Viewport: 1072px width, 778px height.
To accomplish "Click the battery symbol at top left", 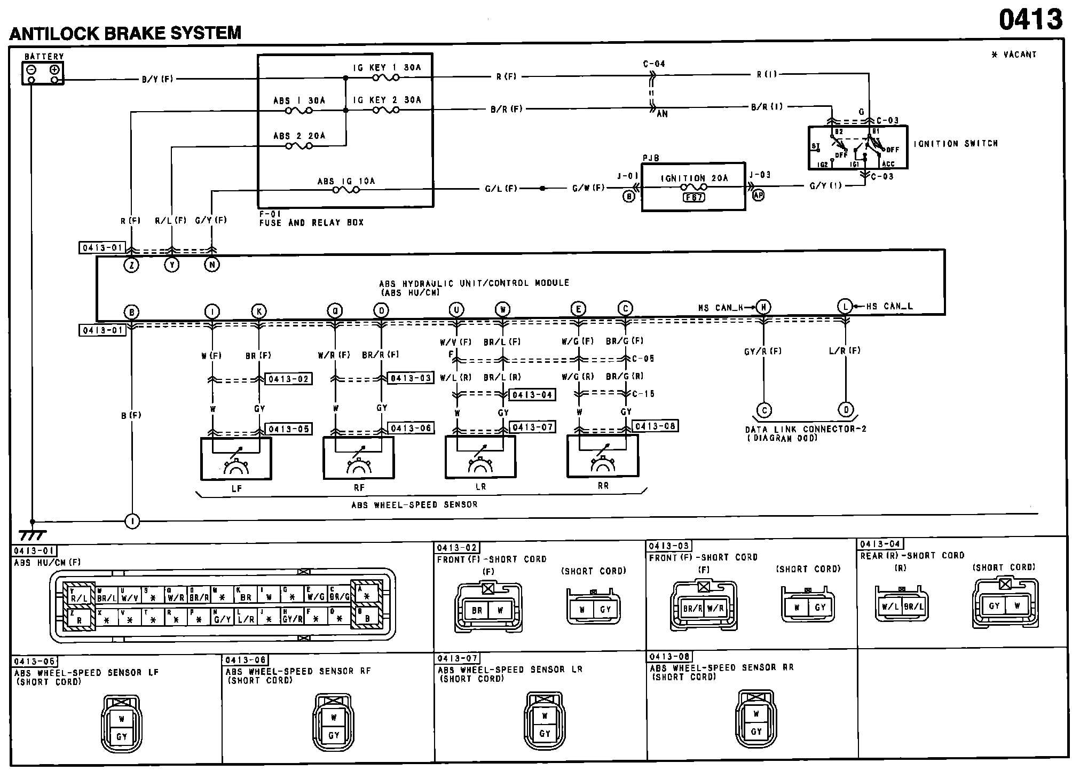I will tap(43, 73).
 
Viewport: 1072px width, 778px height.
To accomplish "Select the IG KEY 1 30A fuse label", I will tap(387, 67).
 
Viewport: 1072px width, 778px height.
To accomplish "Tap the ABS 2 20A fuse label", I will tap(299, 136).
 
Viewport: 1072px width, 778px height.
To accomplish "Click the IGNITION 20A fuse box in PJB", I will tap(693, 186).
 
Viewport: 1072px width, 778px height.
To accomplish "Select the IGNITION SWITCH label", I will tap(955, 144).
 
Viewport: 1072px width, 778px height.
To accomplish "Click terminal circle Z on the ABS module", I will tap(131, 264).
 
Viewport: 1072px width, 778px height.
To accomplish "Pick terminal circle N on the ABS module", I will tap(212, 264).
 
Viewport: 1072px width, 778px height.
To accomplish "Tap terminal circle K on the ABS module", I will tap(259, 311).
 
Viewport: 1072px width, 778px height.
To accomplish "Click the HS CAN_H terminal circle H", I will tap(764, 307).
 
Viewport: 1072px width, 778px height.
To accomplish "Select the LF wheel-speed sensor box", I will tap(236, 458).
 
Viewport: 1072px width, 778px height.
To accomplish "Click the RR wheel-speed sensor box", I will tap(602, 455).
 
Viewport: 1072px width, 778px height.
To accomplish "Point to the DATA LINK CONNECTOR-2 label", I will tap(806, 429).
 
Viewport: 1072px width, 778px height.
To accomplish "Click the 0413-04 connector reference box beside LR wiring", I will tap(532, 395).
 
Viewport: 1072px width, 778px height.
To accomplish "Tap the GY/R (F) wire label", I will tap(763, 351).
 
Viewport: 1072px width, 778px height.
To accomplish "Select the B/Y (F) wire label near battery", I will tap(157, 80).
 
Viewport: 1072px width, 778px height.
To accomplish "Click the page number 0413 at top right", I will tap(1030, 20).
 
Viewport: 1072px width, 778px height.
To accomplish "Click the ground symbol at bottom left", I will tap(32, 534).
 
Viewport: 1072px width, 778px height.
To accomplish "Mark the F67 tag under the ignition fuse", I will tap(693, 197).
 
